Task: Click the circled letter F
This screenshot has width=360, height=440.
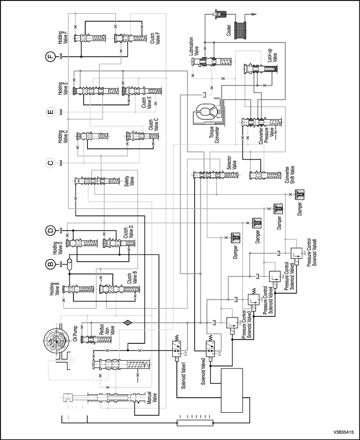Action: (50, 57)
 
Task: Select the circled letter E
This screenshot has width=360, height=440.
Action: (50, 112)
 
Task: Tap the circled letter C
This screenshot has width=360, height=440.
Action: (50, 164)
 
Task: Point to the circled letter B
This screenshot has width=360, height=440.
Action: (50, 265)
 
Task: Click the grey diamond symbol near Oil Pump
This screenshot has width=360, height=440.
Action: (127, 322)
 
